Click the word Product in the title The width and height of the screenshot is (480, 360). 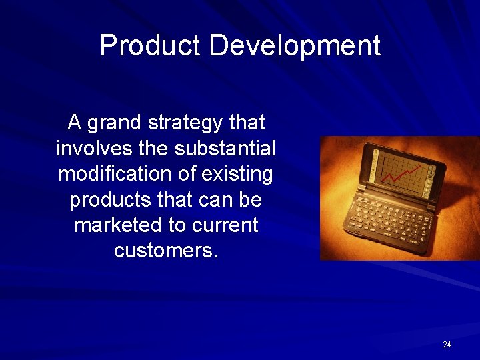tap(150, 46)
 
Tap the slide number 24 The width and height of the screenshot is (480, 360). tap(447, 345)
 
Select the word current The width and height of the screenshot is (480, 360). tap(224, 225)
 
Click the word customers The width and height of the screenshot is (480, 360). tap(165, 251)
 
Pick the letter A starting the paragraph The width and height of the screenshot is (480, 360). tap(75, 123)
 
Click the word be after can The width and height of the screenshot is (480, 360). tap(251, 200)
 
